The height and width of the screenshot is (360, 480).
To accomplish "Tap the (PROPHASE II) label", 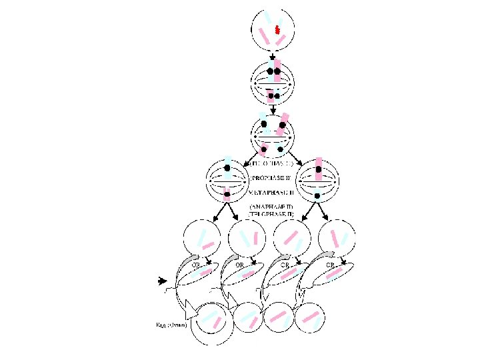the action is pos(271,179).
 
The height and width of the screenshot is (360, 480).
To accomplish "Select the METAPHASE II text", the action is pos(271,191).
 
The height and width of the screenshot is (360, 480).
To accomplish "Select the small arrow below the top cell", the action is pos(271,57).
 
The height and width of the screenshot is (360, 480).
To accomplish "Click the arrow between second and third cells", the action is pos(273,108).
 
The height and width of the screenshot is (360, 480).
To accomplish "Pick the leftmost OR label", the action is pos(197,264).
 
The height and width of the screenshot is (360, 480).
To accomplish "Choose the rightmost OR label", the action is pos(329,264).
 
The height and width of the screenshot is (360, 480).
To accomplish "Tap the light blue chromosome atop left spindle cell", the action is pos(227,163).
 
